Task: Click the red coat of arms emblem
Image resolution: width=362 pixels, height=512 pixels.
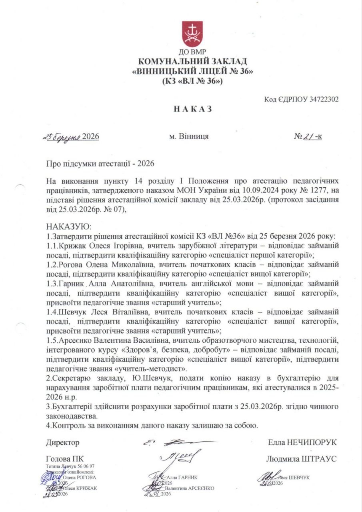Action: [x=192, y=34]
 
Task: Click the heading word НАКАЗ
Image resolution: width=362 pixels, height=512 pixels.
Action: [x=192, y=109]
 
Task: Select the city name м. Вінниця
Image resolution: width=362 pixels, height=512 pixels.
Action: [x=189, y=136]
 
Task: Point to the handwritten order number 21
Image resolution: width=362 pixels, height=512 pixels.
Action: [x=309, y=136]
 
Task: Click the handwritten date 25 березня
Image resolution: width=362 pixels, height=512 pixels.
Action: [x=62, y=136]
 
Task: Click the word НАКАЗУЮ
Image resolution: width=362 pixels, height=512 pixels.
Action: [x=69, y=226]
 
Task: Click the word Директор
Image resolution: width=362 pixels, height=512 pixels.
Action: [x=62, y=442]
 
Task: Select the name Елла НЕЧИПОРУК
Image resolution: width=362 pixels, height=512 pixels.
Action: [x=302, y=442]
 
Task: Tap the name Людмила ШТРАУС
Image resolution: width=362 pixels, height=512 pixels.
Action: [x=301, y=459]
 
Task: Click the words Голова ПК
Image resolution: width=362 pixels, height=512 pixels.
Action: [x=65, y=459]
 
